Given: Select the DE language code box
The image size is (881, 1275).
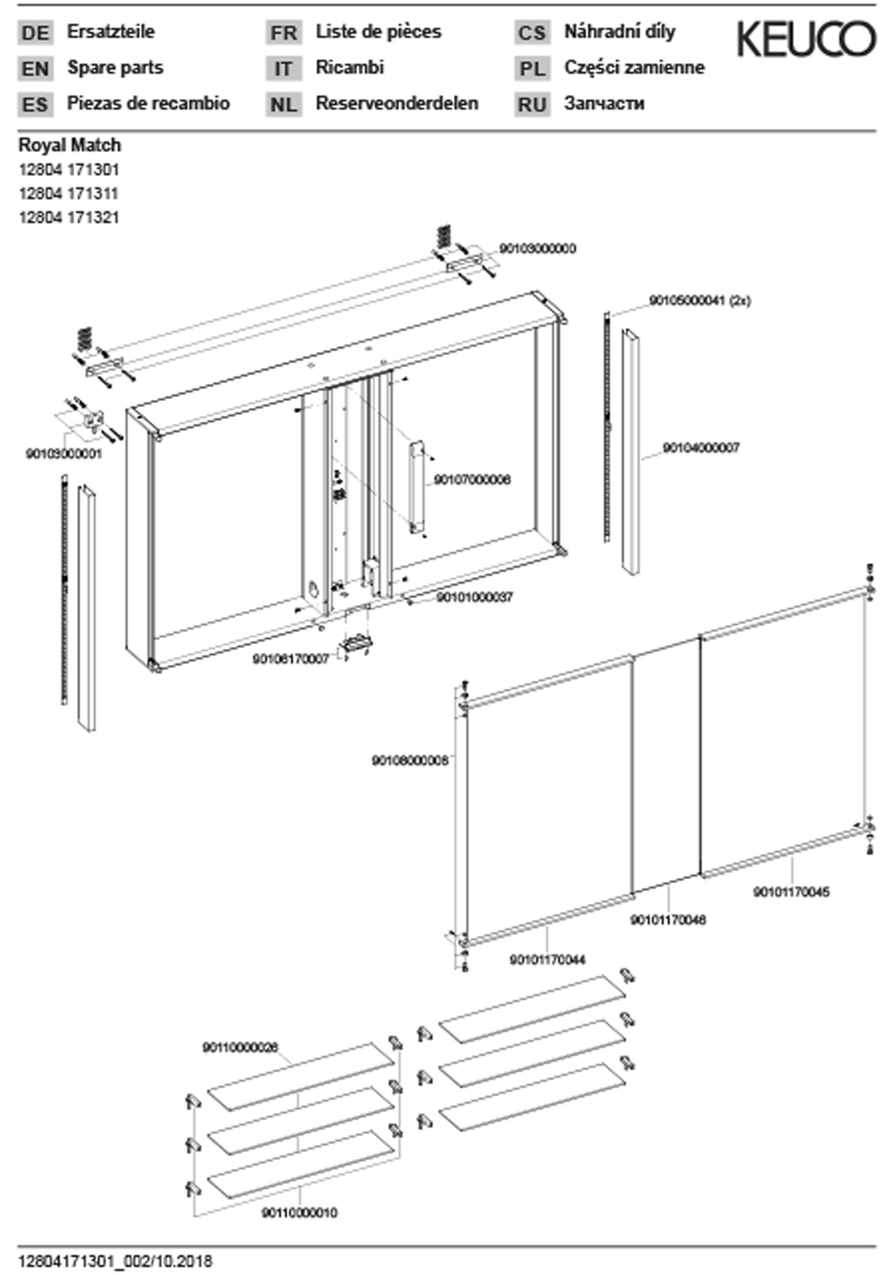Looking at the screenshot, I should click(x=35, y=33).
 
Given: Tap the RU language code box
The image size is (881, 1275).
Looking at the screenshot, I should click(x=532, y=104).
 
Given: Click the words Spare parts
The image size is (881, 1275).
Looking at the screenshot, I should click(x=115, y=68).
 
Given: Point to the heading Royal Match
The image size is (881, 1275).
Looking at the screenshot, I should click(x=70, y=145).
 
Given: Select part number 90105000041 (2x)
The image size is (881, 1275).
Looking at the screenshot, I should click(x=699, y=300).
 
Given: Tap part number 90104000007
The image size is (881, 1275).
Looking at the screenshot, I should click(x=700, y=448).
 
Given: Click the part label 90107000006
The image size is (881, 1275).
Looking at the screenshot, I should click(x=472, y=479).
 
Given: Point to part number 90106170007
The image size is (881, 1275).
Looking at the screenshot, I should click(x=291, y=659).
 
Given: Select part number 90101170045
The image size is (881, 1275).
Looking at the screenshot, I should click(x=791, y=892).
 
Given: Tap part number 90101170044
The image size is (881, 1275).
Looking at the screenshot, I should click(x=547, y=960).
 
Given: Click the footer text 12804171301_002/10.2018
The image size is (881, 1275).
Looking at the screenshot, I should click(x=115, y=1262).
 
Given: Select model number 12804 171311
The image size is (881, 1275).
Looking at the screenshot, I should click(x=69, y=194).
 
